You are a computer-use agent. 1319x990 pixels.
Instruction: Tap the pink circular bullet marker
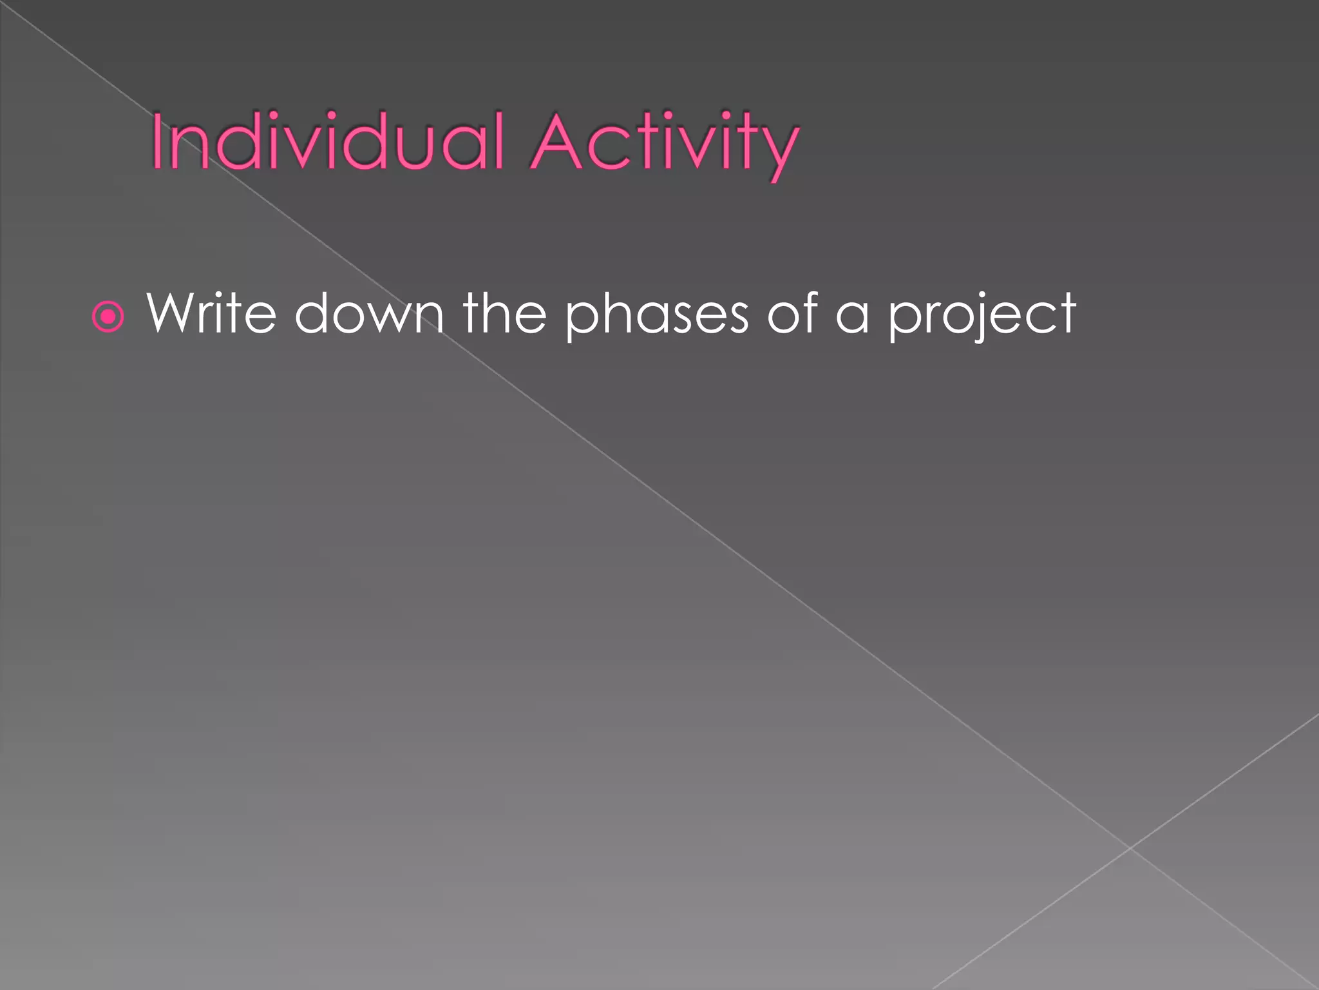click(108, 316)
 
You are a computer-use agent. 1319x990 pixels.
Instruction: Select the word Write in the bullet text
click(212, 314)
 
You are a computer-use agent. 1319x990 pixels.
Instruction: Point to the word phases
click(656, 316)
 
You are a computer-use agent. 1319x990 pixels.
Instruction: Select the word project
click(982, 316)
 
